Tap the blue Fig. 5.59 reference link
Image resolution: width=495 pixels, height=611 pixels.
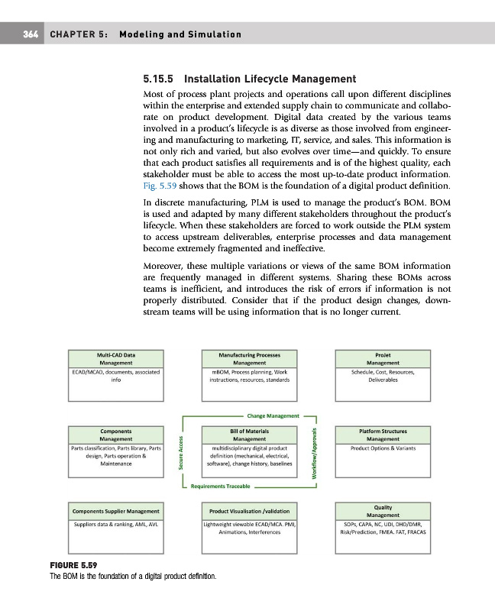[x=159, y=186]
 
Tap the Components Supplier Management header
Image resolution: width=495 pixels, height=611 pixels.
[x=115, y=510]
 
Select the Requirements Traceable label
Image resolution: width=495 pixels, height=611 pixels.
[x=225, y=485]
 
